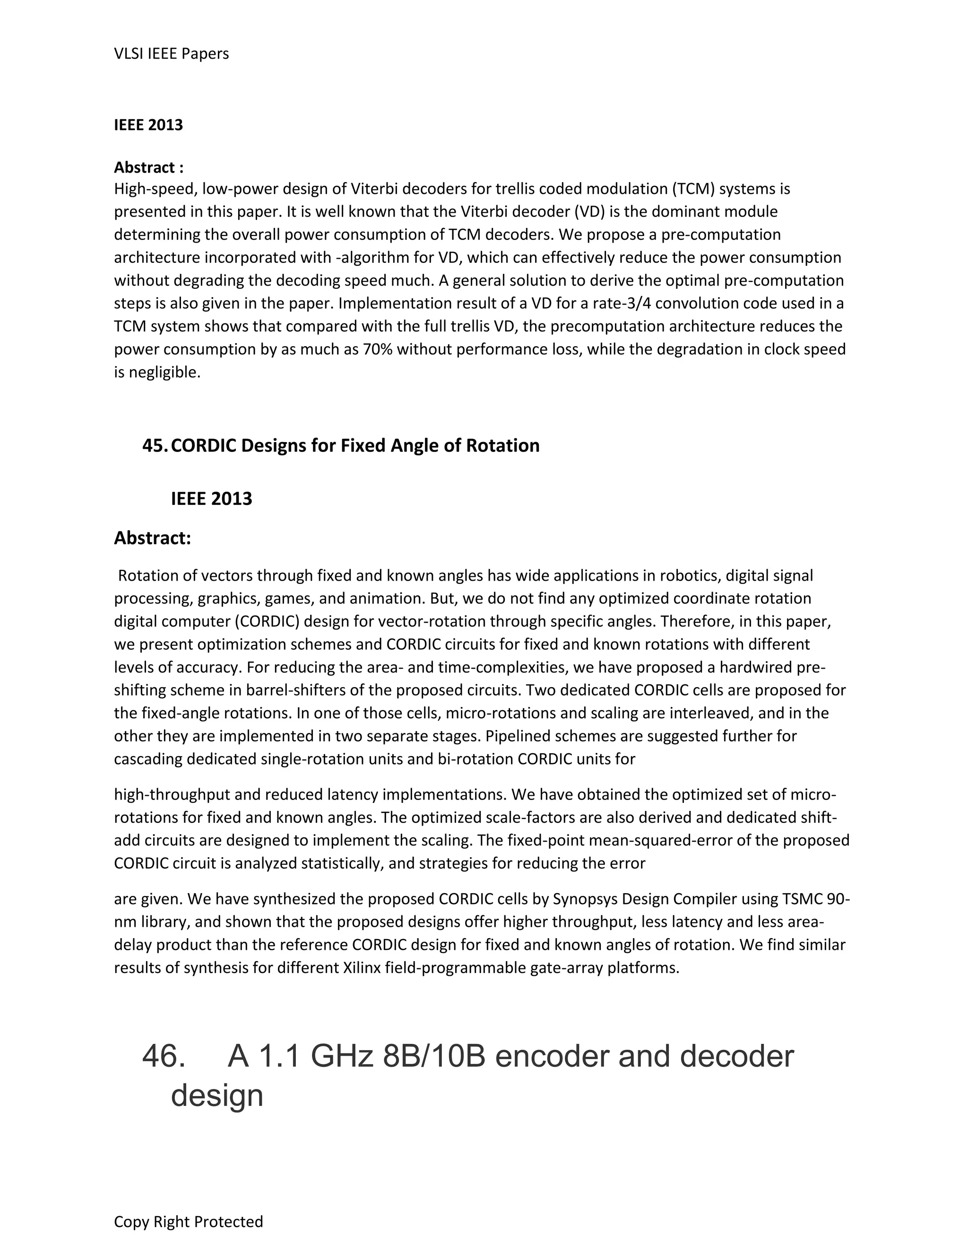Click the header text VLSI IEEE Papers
tap(171, 53)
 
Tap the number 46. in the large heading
tap(164, 1056)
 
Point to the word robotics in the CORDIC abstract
tap(691, 575)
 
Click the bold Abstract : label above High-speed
tap(148, 167)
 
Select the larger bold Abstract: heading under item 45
tap(152, 538)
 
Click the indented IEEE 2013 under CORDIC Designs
tap(211, 498)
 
